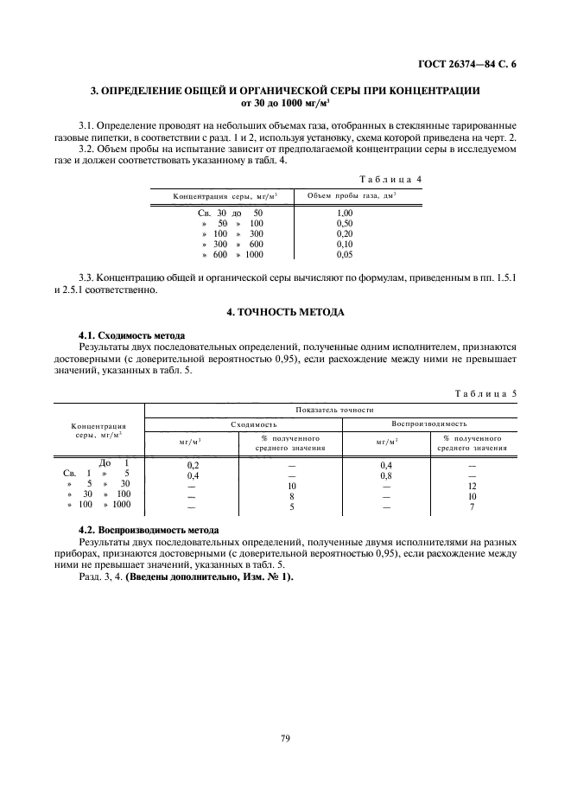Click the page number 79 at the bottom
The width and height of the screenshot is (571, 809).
tap(284, 738)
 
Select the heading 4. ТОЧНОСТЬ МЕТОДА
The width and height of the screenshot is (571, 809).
tap(284, 310)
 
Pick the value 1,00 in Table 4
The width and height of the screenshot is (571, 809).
tap(345, 213)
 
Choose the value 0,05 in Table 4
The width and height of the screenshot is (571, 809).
tap(345, 254)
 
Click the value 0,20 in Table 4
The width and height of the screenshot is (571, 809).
tap(345, 233)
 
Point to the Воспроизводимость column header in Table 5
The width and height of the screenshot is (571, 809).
tap(429, 425)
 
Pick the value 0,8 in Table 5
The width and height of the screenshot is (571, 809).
tap(386, 475)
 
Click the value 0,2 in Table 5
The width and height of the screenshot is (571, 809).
tap(193, 465)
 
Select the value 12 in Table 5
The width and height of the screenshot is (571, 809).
tap(473, 486)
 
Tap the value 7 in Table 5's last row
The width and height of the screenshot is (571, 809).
tap(473, 506)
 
